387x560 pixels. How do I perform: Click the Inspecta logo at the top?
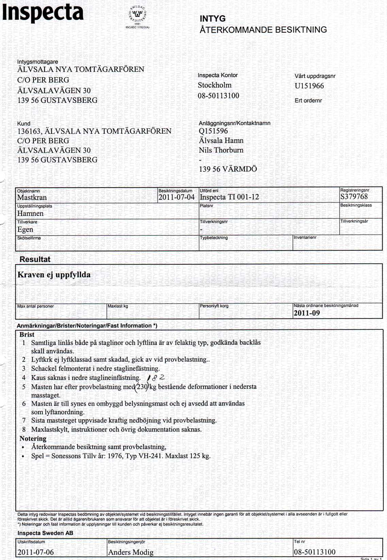coord(43,13)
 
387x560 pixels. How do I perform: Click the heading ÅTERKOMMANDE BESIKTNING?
coord(263,30)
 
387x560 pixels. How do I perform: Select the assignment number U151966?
coord(309,86)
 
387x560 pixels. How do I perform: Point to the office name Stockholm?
coord(214,85)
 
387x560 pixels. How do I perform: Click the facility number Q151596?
coord(213,131)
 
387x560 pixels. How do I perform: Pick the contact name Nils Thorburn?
coord(221,150)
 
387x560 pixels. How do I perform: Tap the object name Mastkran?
coord(32,198)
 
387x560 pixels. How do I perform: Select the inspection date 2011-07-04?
coord(176,197)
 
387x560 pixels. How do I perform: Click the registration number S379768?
coord(354,197)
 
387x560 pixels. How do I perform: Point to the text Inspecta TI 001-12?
coord(229,197)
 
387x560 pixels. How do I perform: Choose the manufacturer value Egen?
coord(25,230)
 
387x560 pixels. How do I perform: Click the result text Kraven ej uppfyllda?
coord(54,275)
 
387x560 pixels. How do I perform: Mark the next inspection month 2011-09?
coord(307,313)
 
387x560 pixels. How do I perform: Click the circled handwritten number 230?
coord(142,387)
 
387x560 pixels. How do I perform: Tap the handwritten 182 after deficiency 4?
coord(157,377)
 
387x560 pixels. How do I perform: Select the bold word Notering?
coord(33,438)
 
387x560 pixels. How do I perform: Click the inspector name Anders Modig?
coord(131,552)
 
